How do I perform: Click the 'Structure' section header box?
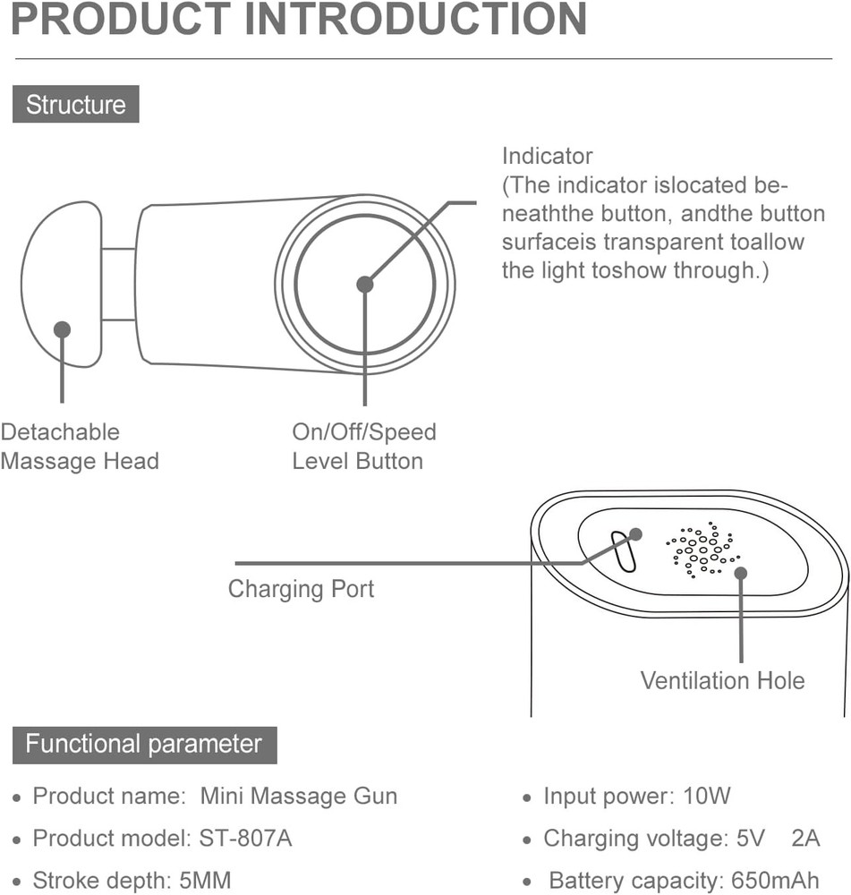(76, 105)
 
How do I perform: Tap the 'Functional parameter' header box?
(144, 745)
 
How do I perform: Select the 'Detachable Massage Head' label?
(79, 447)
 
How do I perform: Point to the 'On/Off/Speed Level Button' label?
(363, 447)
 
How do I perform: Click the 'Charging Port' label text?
(301, 589)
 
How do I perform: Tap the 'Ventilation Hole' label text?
(722, 680)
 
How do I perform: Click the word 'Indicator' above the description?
(547, 156)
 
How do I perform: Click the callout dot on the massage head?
(62, 329)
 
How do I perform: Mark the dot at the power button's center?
(364, 284)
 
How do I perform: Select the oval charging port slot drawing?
(623, 550)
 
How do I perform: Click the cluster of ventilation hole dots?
(701, 548)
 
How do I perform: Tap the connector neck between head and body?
(118, 284)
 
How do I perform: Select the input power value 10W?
(706, 797)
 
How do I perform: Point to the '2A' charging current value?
(805, 839)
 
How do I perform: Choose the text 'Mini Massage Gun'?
(298, 797)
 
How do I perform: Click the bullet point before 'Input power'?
(528, 797)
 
